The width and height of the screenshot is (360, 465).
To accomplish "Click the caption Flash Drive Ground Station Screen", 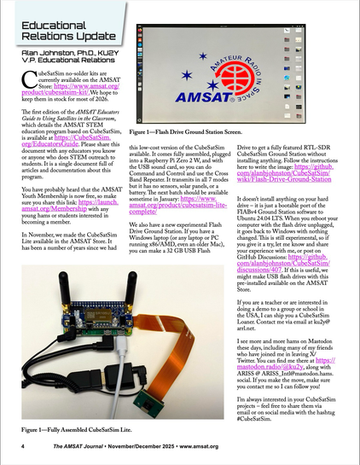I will click(186, 158).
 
